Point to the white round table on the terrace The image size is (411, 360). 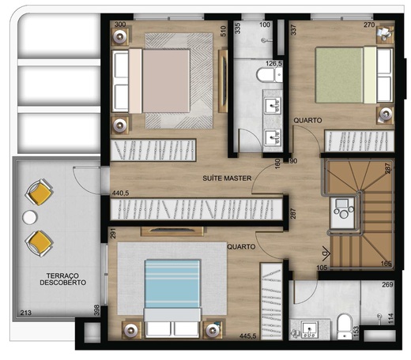coord(30,216)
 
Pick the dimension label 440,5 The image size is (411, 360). coord(121,193)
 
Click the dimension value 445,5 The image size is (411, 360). coord(247,336)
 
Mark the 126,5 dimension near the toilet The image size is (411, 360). coord(274,64)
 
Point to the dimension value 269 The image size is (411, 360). coord(387,286)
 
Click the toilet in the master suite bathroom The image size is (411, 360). coord(267,75)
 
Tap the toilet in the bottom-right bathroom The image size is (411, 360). coord(344,325)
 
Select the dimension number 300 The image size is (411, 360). coord(120,24)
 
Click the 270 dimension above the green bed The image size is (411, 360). coord(369,24)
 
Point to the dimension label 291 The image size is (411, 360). coord(114,234)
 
